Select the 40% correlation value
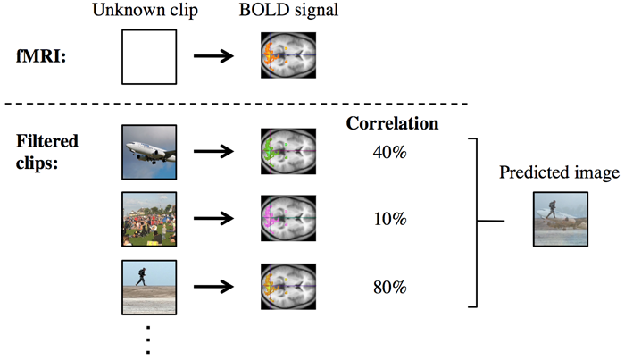click(x=390, y=153)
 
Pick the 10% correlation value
click(x=390, y=219)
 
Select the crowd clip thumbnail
click(x=149, y=220)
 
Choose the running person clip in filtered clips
click(x=149, y=287)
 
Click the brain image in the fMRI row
click(x=288, y=54)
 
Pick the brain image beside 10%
click(x=288, y=220)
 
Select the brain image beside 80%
click(x=288, y=287)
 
